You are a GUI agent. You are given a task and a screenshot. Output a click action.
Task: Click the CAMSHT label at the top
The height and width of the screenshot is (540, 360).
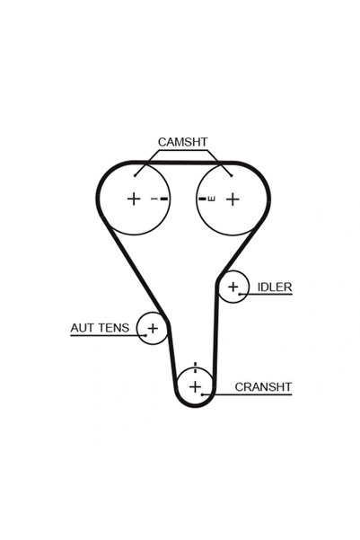point(182,142)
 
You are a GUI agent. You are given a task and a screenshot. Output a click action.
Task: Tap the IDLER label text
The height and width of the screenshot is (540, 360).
point(275,287)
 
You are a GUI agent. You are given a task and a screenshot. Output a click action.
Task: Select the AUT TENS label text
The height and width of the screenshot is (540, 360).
point(100,328)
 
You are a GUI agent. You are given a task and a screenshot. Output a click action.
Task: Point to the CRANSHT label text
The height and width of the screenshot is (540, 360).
point(263,386)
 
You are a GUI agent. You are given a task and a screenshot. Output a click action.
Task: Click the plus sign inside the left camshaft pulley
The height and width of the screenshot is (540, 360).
point(134,199)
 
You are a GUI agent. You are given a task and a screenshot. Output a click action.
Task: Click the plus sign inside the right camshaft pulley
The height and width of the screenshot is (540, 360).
point(233,199)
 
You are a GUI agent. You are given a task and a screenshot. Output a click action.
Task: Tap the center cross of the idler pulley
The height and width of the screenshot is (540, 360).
point(233,287)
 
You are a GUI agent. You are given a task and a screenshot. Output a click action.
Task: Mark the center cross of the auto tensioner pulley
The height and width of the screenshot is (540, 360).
point(153,328)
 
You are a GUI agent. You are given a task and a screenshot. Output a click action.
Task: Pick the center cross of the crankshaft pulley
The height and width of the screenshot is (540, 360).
point(195,386)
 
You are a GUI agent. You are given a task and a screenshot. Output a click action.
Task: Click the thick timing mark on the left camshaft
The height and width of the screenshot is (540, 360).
point(164,199)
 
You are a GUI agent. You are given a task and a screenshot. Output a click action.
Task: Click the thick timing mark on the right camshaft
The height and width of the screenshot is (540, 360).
point(202,199)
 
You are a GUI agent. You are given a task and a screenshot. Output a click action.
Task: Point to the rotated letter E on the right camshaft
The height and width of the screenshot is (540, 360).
point(212,199)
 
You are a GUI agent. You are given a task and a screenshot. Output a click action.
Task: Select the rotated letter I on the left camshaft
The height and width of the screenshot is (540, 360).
point(154,199)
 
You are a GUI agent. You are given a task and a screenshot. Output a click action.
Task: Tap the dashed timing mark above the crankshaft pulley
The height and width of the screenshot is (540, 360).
point(195,367)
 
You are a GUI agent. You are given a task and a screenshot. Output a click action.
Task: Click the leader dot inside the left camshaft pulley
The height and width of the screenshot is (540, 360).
point(136,175)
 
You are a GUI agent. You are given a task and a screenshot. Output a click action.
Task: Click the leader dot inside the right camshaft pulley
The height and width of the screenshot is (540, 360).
point(232,175)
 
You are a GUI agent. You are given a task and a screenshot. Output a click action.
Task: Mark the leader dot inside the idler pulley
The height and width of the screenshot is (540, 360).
point(239,294)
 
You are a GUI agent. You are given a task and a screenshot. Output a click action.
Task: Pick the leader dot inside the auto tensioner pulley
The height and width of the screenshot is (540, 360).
point(146,335)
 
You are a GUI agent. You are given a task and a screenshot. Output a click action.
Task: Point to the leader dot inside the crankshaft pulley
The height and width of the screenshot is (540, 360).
point(202,394)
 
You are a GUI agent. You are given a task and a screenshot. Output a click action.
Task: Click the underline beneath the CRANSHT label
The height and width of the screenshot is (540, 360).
point(247,394)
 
